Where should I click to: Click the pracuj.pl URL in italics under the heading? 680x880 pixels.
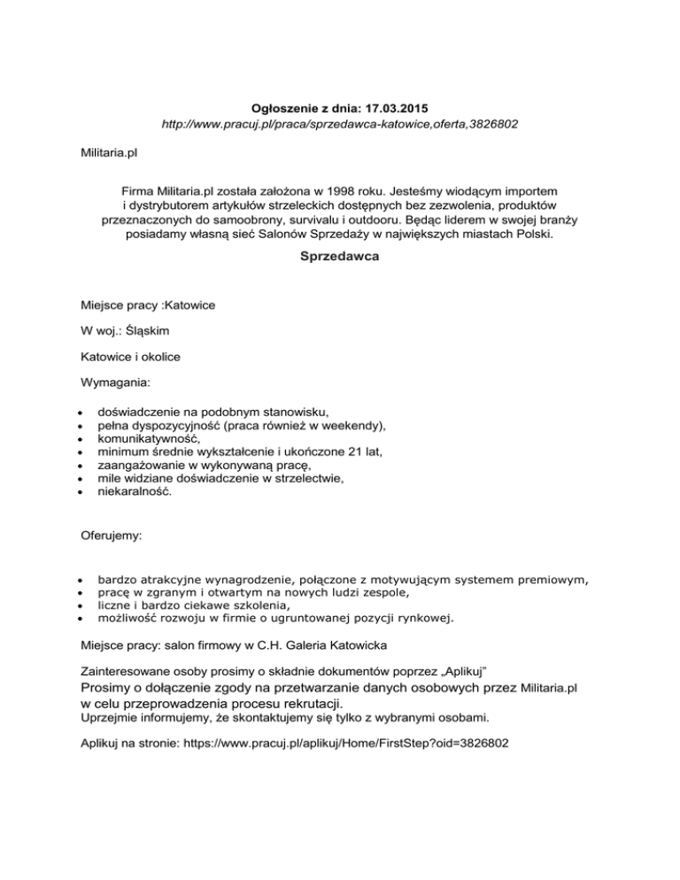click(339, 126)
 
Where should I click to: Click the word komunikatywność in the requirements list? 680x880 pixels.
click(149, 438)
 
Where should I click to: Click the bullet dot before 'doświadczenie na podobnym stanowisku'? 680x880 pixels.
click(80, 413)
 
